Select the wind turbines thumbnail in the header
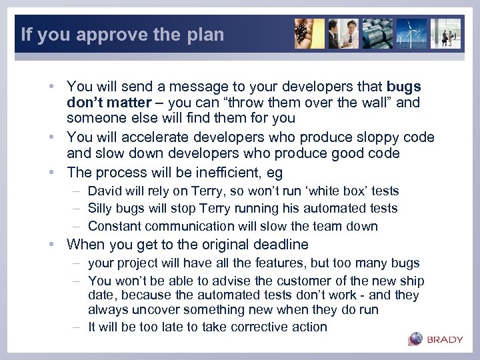pos(411,33)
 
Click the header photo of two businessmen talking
pos(343,33)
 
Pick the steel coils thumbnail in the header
pos(377,33)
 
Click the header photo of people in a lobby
pos(445,33)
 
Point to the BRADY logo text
pos(445,339)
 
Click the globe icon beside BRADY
pos(415,339)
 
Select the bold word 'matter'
pos(127,103)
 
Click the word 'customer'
pos(282,281)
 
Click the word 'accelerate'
pos(153,137)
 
